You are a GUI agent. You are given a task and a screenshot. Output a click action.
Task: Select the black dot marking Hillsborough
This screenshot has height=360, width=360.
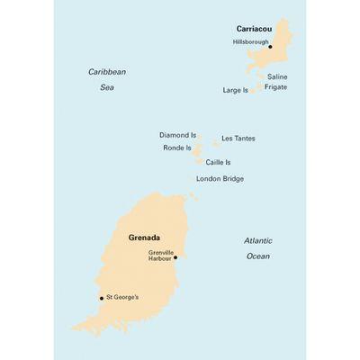point(270,47)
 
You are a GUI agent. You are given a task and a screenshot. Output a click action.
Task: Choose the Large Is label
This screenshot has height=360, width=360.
point(235,90)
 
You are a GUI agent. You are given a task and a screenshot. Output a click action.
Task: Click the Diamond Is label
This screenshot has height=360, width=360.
point(177,135)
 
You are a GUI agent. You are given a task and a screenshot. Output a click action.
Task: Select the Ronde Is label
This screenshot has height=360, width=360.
point(176,148)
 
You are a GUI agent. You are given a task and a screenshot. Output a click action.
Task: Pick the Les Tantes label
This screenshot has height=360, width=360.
point(238,139)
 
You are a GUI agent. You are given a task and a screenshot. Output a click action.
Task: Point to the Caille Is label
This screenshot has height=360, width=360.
point(219,162)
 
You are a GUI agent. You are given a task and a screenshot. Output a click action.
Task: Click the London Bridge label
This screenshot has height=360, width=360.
point(220,179)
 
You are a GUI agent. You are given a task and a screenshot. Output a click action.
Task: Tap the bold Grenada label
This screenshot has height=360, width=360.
point(144,238)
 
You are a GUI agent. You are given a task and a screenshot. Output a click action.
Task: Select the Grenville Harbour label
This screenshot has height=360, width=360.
point(160,256)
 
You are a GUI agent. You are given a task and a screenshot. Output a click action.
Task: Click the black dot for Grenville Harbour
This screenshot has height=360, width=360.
point(175,257)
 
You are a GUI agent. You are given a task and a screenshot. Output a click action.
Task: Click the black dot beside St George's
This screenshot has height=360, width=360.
point(102,298)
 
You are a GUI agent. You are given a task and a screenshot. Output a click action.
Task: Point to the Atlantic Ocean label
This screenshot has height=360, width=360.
point(257,248)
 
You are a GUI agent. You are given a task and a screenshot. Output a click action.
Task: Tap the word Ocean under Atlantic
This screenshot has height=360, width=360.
point(257,256)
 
